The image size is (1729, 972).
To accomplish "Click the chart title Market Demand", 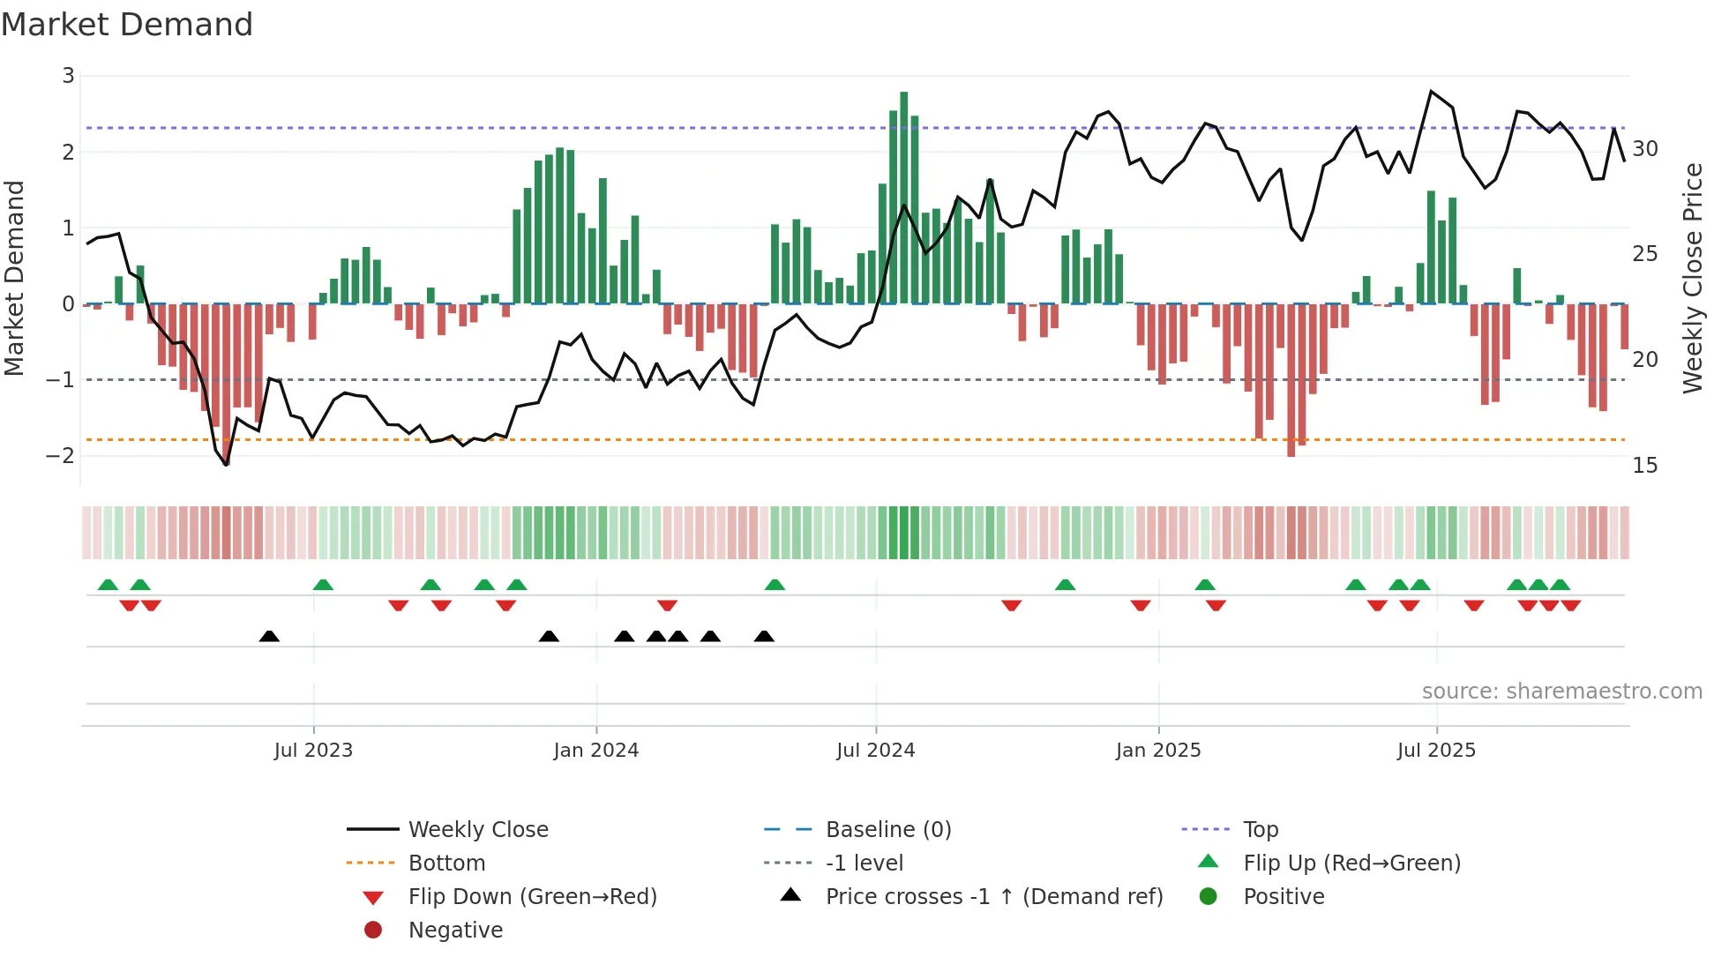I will pyautogui.click(x=127, y=25).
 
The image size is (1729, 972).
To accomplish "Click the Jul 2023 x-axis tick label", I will pyautogui.click(x=313, y=751).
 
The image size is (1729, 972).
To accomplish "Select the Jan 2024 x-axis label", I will pyautogui.click(x=596, y=751).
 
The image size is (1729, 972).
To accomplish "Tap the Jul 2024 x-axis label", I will pyautogui.click(x=876, y=751).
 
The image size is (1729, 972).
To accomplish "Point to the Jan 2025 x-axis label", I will pyautogui.click(x=1158, y=751).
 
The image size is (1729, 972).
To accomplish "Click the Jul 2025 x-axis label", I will pyautogui.click(x=1436, y=751).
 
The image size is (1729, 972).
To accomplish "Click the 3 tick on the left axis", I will pyautogui.click(x=68, y=76).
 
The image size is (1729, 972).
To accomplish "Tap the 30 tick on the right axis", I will pyautogui.click(x=1645, y=149).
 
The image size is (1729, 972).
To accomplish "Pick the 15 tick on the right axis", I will pyautogui.click(x=1645, y=466).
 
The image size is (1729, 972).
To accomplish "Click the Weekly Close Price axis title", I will pyautogui.click(x=1692, y=278).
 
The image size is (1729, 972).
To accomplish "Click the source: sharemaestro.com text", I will pyautogui.click(x=1561, y=692).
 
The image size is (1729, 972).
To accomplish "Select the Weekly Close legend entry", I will pyautogui.click(x=478, y=830).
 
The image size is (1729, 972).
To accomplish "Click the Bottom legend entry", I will pyautogui.click(x=446, y=864).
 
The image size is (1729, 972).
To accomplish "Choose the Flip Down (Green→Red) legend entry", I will pyautogui.click(x=532, y=897).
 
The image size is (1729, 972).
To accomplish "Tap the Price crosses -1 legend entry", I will pyautogui.click(x=994, y=897).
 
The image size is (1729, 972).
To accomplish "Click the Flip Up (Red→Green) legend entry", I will pyautogui.click(x=1351, y=864).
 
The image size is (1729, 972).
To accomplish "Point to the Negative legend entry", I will pyautogui.click(x=455, y=931).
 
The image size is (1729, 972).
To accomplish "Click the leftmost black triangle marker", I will pyautogui.click(x=270, y=637).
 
